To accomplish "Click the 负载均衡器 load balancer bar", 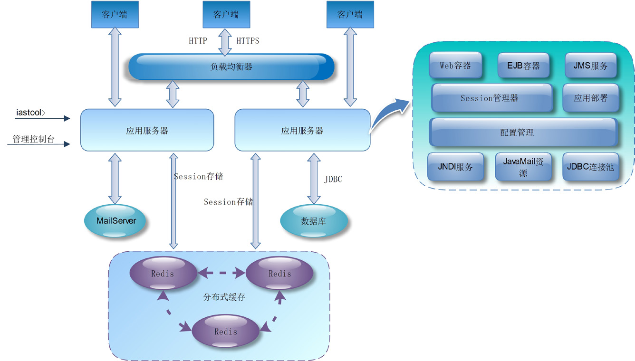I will click(231, 67).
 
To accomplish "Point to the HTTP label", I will click(198, 41).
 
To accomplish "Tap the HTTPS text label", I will click(248, 41).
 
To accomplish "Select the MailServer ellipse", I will click(116, 221).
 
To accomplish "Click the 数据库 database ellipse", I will click(314, 221).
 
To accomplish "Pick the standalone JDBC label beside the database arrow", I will click(333, 180).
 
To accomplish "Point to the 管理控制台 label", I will click(33, 140).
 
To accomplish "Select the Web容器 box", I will click(455, 66).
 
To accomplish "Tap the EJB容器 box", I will click(523, 66).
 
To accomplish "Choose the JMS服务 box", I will click(590, 66).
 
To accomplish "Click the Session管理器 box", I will click(491, 98).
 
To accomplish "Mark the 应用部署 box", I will click(590, 98).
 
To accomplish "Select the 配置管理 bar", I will click(523, 133).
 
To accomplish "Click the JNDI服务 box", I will click(455, 167).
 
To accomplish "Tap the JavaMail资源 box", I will click(523, 167).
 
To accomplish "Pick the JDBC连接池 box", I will click(590, 167).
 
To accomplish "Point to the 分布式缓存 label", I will click(224, 298).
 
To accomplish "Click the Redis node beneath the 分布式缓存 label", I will click(226, 331).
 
